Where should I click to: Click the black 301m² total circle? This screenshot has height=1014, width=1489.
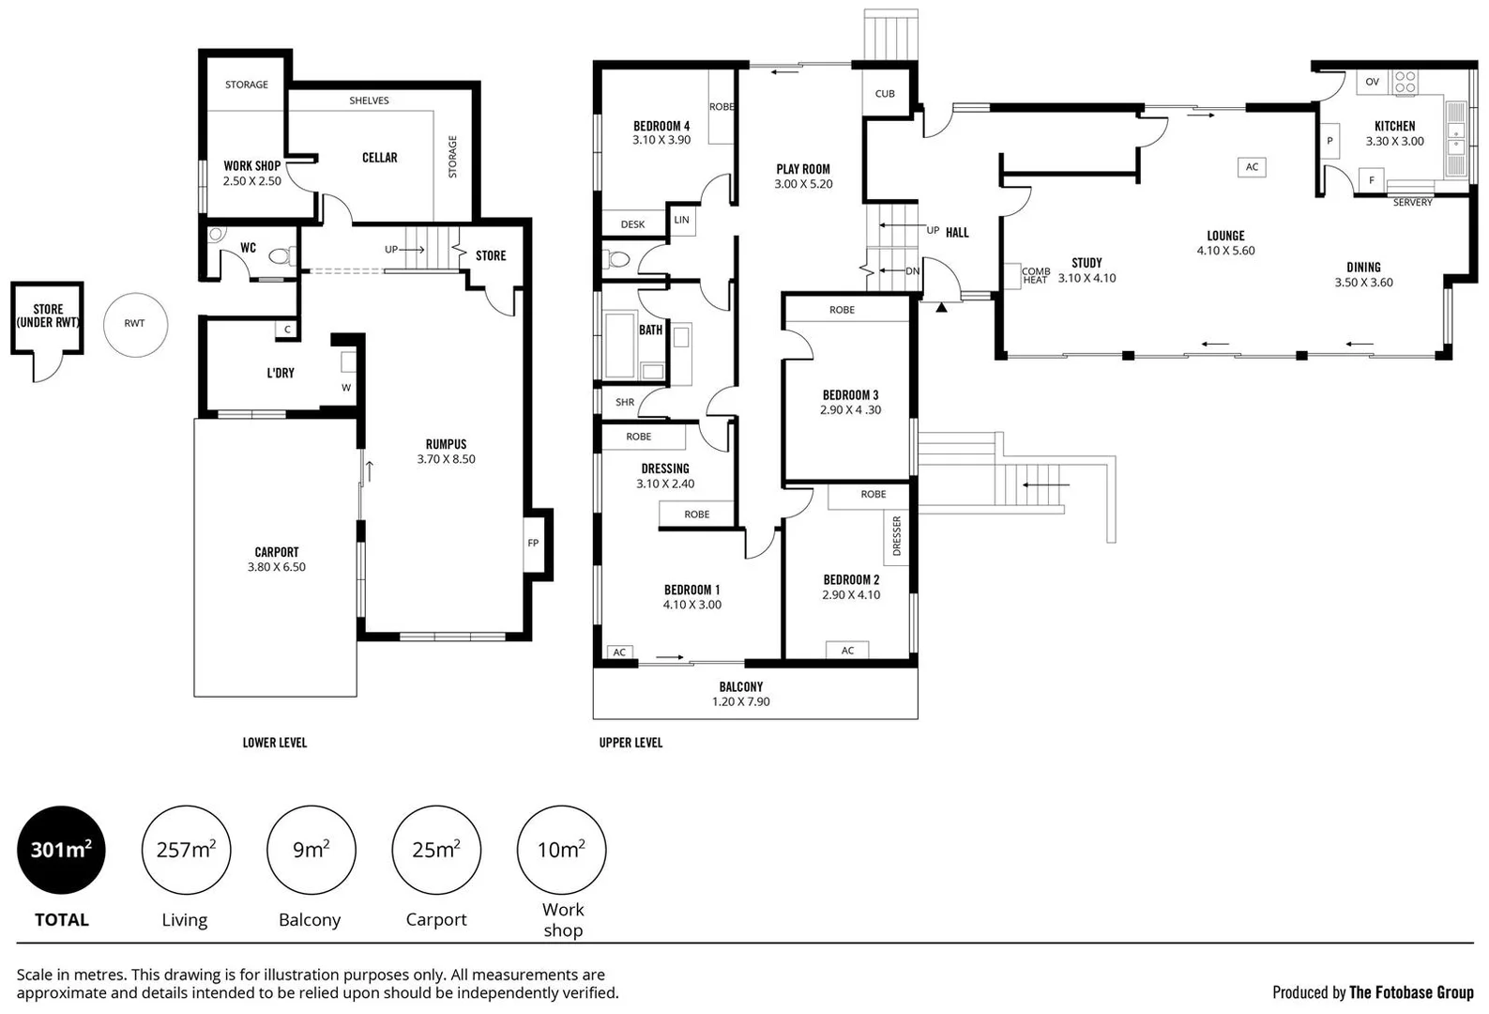(61, 850)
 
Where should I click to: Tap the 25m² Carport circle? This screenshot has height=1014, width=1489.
(436, 850)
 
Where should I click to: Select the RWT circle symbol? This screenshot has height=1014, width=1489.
(135, 323)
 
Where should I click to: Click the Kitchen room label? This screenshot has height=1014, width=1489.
(1394, 126)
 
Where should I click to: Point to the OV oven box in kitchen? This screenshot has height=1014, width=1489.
(1372, 82)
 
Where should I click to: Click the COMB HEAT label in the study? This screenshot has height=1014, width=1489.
(1035, 276)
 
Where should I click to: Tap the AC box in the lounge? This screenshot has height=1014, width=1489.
(1252, 167)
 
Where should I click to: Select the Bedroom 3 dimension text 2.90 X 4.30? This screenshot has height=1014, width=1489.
(851, 410)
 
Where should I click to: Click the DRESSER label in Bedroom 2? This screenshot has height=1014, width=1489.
(897, 536)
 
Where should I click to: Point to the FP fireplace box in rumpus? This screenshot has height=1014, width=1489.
(533, 543)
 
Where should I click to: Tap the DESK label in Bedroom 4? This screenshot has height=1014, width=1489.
(633, 224)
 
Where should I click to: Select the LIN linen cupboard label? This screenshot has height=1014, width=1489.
(682, 220)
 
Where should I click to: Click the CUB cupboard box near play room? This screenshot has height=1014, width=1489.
(885, 94)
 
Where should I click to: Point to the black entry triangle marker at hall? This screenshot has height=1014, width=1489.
(941, 307)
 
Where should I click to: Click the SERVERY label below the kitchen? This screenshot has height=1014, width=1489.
(1412, 203)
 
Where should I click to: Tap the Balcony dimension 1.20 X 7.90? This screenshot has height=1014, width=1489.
(740, 702)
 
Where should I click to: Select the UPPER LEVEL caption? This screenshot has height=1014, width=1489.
(631, 743)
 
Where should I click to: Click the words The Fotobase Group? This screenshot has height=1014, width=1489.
(1411, 992)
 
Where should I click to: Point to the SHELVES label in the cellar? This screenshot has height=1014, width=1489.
(369, 100)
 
